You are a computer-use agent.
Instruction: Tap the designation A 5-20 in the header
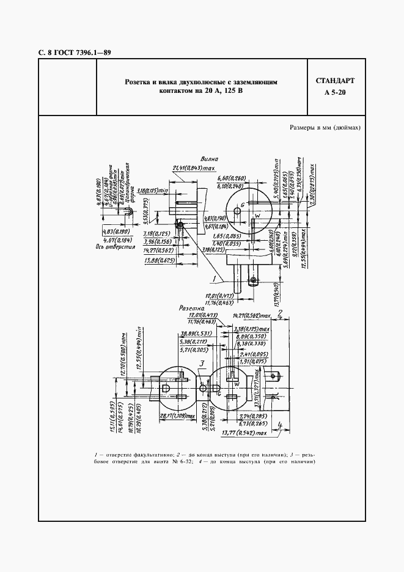(335, 93)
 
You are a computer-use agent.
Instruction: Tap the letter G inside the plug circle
(243, 204)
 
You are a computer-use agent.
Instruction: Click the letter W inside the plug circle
(257, 215)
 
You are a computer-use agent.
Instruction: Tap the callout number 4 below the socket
(278, 426)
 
